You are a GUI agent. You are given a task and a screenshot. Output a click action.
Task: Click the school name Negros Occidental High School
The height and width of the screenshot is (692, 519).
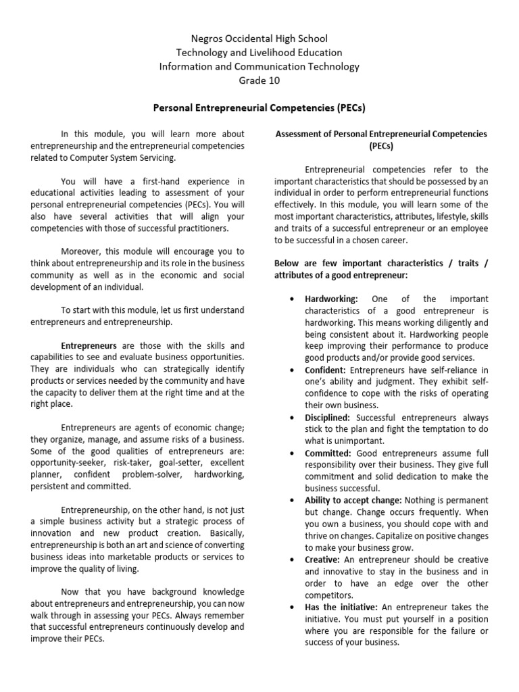pos(259,39)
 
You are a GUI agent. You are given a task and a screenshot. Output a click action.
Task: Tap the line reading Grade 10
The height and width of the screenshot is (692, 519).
pos(259,80)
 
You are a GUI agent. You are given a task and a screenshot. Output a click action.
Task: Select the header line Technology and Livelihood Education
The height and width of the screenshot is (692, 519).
pos(259,53)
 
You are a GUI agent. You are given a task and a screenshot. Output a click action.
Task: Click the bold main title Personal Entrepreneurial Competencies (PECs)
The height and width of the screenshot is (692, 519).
pos(259,107)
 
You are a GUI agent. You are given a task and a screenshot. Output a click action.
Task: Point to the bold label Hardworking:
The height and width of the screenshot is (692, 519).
pos(331,299)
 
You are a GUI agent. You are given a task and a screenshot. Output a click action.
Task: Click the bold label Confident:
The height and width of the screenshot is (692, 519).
pos(326,370)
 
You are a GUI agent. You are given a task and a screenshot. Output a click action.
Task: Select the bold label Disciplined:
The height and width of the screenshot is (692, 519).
pos(328,418)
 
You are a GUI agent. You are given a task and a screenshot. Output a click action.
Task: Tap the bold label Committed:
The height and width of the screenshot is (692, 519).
pos(328,453)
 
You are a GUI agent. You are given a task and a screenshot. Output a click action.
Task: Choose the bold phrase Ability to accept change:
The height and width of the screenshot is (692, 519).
pos(353,500)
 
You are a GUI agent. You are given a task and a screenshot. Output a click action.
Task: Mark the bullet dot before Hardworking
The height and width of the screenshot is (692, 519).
pos(290,299)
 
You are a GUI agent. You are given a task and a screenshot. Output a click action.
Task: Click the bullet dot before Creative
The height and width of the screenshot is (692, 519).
pos(290,560)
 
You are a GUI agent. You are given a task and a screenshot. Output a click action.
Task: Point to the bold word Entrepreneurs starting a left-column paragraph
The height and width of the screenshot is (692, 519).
pos(89,344)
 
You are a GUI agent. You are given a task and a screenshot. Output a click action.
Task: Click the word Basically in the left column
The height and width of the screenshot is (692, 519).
pos(226,533)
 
